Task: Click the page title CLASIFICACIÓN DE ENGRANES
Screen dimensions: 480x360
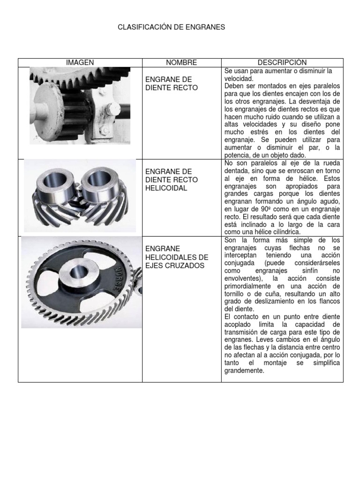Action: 171,28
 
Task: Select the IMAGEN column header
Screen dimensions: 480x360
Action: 80,62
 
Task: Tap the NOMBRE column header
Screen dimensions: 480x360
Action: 181,62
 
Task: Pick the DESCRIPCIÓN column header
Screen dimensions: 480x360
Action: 282,62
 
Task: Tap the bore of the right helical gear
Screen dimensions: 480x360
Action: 99,178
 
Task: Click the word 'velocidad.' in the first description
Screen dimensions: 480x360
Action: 239,79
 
